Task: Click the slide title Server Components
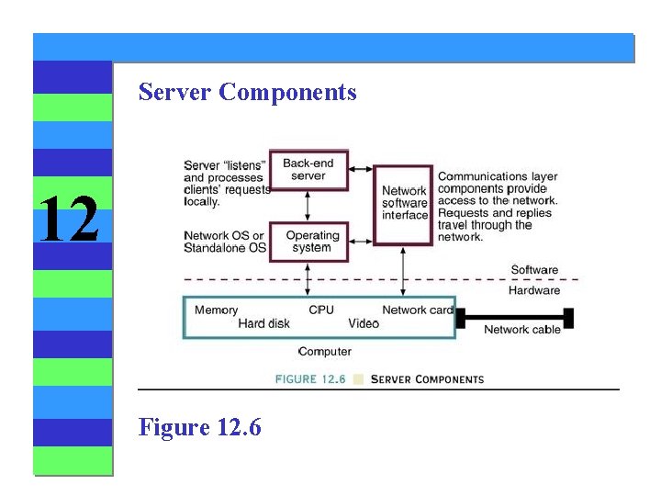tap(247, 92)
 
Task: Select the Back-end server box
tap(308, 169)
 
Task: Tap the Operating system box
tap(312, 242)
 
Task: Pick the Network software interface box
tap(405, 203)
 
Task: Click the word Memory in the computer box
tap(216, 310)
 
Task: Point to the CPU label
tap(321, 310)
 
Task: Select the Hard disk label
tap(263, 323)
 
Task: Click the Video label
tap(364, 323)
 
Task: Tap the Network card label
tap(418, 310)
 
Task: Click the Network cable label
tap(521, 330)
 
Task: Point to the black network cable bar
tap(514, 318)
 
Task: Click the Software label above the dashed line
tap(534, 270)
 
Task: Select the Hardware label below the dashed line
tap(534, 290)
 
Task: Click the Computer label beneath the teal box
tap(325, 352)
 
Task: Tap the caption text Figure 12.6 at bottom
tap(200, 427)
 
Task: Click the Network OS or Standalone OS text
tap(224, 242)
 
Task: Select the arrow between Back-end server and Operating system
tap(308, 206)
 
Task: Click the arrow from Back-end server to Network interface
tap(361, 170)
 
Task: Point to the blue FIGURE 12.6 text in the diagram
tap(310, 378)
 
